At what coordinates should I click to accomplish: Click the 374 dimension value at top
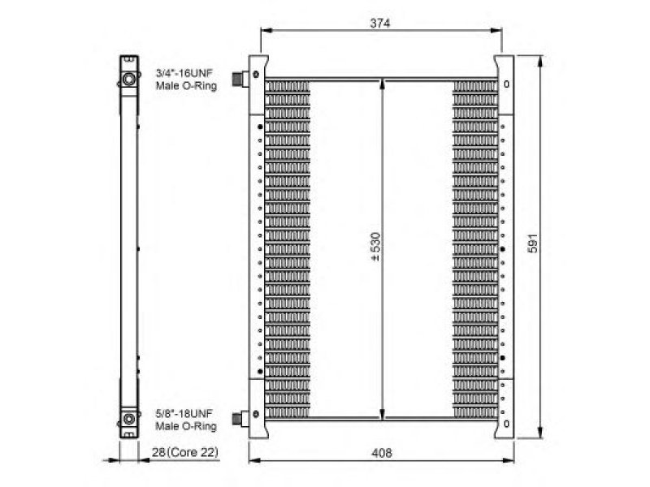(379, 24)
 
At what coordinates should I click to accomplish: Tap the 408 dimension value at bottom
(381, 453)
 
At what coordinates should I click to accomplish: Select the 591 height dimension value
(533, 243)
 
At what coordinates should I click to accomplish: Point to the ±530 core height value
(375, 247)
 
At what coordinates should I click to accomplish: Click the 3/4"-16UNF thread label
(184, 73)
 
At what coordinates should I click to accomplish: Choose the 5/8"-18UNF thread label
(184, 413)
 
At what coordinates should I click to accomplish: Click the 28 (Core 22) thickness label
(185, 452)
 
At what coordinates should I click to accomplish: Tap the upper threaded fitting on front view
(240, 78)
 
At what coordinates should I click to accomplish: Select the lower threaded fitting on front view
(240, 418)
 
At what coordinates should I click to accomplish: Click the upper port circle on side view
(129, 79)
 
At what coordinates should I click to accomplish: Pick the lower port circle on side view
(129, 419)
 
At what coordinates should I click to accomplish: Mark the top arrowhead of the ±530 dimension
(382, 85)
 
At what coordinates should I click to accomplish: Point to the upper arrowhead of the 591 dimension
(539, 61)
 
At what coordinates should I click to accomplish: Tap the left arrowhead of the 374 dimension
(266, 30)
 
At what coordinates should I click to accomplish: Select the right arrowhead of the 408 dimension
(509, 460)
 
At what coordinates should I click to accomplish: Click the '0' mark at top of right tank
(506, 84)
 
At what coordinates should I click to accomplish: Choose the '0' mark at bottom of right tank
(506, 424)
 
